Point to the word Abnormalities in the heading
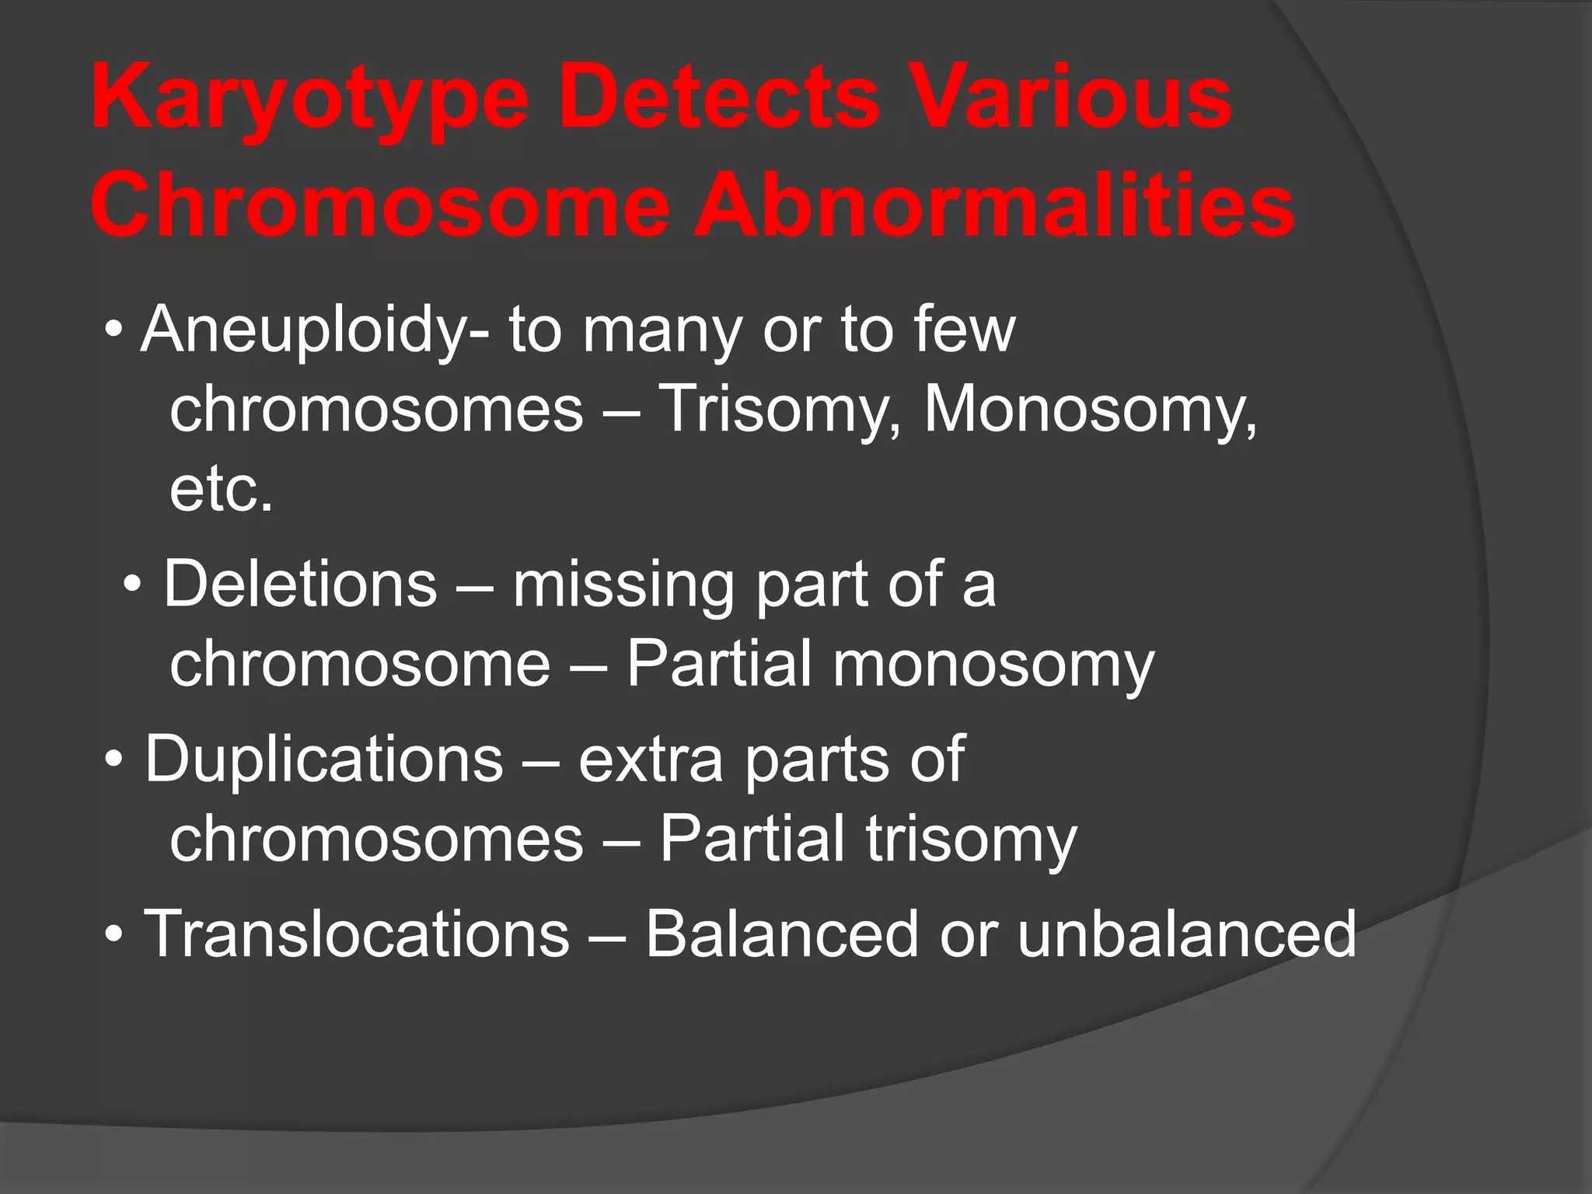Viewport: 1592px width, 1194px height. [993, 206]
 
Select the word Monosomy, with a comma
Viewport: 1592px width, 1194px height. [1089, 410]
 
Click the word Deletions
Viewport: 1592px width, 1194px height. [300, 585]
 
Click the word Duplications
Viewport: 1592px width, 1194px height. [323, 760]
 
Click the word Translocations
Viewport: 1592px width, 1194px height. [357, 934]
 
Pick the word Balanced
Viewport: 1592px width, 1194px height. [782, 934]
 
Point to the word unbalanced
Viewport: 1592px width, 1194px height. [1186, 934]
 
